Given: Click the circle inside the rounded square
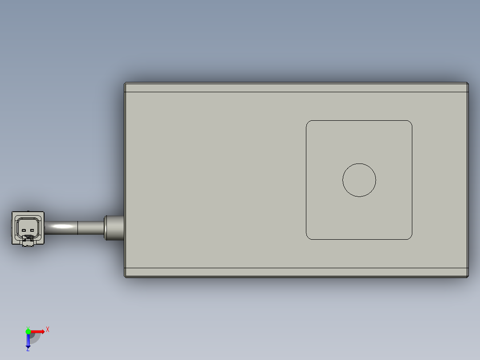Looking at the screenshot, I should (x=359, y=180).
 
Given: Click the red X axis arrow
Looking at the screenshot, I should (x=38, y=331).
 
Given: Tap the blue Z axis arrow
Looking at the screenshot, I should (x=28, y=341).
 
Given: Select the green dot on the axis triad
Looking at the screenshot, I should (x=28, y=331).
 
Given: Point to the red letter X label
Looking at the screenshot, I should (x=48, y=330).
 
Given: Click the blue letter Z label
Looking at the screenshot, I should (x=28, y=349).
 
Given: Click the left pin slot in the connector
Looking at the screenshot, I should (x=24, y=230).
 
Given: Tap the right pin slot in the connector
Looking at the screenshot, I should (x=32, y=230).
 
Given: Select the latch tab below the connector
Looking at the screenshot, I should (x=28, y=242).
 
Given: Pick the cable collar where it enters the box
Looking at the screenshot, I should (x=114, y=228).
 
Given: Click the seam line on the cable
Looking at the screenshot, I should (x=78, y=228).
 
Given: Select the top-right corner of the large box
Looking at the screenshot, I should (x=467, y=84).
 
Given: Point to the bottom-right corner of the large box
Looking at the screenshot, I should (x=467, y=276).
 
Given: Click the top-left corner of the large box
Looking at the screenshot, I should (x=126, y=84).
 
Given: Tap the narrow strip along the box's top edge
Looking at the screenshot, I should (x=296, y=87).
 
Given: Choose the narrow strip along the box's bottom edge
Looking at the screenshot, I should (x=296, y=272).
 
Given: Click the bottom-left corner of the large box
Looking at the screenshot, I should (x=126, y=276).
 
